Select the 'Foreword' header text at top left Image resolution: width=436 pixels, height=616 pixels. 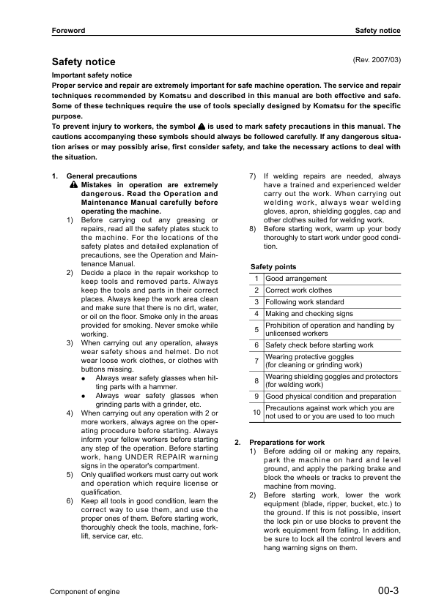pyautogui.click(x=68, y=30)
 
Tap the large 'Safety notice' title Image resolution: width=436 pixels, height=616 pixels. pyautogui.click(x=83, y=62)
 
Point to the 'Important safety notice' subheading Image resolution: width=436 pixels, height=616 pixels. pyautogui.click(x=92, y=75)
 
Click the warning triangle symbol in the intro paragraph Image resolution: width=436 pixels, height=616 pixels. pyautogui.click(x=201, y=127)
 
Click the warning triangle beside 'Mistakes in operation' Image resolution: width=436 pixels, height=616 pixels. pyautogui.click(x=74, y=185)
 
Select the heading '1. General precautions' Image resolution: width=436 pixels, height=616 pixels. pyautogui.click(x=95, y=176)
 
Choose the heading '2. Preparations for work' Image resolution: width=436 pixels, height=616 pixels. pyautogui.click(x=279, y=443)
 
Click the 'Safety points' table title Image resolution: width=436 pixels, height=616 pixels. pyautogui.click(x=273, y=267)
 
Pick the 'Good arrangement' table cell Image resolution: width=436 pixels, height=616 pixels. pyautogui.click(x=296, y=279)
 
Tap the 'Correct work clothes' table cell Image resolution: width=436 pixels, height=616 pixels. pyautogui.click(x=298, y=290)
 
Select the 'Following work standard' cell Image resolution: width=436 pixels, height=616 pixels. pyautogui.click(x=304, y=302)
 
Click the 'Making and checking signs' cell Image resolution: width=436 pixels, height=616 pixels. pyautogui.click(x=308, y=314)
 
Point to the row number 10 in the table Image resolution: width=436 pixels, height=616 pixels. pyautogui.click(x=256, y=413)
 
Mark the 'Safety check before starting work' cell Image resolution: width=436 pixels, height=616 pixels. pyautogui.click(x=319, y=345)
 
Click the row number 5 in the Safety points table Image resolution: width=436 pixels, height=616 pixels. pyautogui.click(x=256, y=329)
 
